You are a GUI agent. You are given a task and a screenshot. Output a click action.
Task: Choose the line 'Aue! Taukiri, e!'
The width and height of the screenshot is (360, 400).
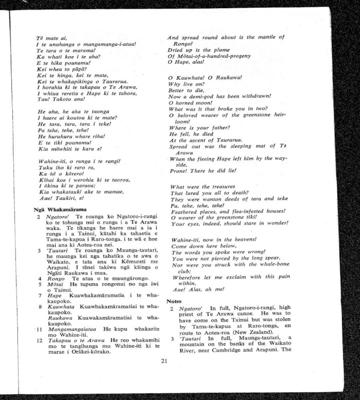point(60,198)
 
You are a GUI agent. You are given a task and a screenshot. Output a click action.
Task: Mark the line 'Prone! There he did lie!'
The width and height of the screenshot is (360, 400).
point(205,172)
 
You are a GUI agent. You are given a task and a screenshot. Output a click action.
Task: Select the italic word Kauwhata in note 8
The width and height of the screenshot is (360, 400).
point(61,305)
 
